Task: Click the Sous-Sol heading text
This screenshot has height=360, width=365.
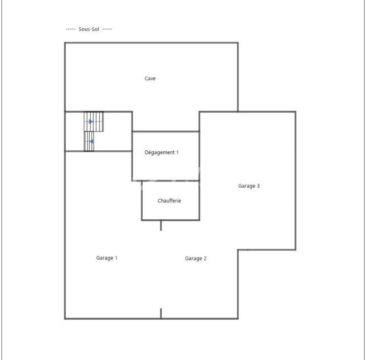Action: [x=89, y=29]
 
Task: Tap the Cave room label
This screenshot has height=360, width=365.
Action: [x=150, y=79]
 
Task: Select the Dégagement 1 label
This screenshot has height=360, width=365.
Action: [x=162, y=153]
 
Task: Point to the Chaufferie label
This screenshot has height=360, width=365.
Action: [x=169, y=201]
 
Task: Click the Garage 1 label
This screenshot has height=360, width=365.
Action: [x=107, y=258]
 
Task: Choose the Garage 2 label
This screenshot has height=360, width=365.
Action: [x=196, y=259]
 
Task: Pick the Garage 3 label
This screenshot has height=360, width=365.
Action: [x=249, y=186]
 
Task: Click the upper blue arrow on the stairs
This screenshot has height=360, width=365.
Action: [x=91, y=122]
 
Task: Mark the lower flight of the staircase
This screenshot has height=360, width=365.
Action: [x=89, y=141]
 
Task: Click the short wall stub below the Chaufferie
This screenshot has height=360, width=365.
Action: [x=161, y=225]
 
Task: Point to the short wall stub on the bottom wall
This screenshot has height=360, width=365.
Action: [x=161, y=313]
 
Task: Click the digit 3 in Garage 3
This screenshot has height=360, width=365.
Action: [x=258, y=186]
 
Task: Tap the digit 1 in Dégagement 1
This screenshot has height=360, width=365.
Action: [x=177, y=153]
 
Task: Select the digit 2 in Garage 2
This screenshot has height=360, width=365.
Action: [x=205, y=259]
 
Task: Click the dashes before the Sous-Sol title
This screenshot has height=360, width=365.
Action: [x=71, y=29]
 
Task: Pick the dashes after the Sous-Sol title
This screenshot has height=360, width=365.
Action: [x=107, y=29]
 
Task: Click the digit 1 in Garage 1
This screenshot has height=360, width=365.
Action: [x=116, y=258]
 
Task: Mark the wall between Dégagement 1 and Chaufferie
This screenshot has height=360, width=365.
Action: [x=170, y=181]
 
